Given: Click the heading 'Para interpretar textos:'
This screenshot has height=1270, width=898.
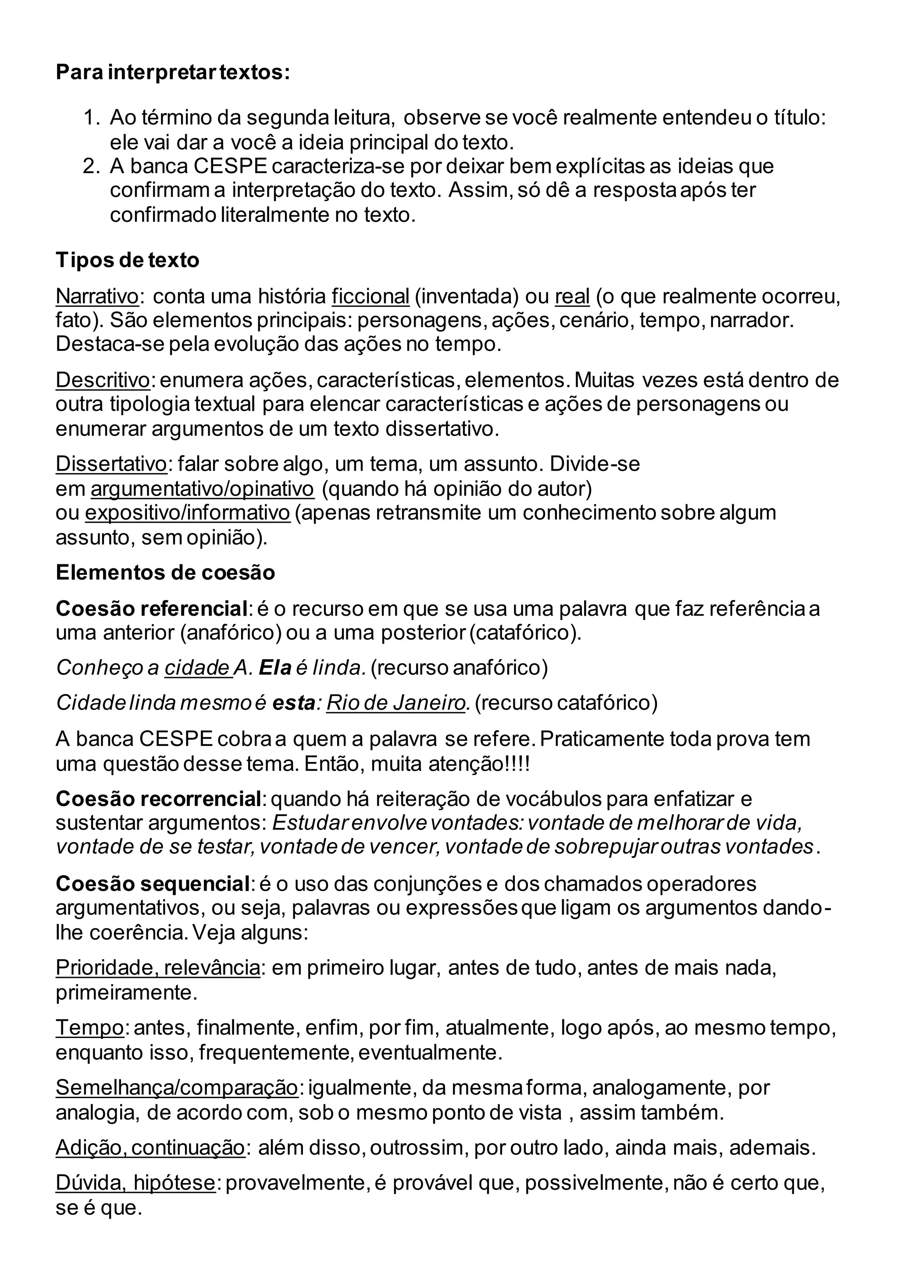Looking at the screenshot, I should (172, 72).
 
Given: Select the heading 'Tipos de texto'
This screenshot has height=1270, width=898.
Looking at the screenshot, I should (127, 260).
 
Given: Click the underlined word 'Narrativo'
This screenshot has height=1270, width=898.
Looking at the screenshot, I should (97, 296).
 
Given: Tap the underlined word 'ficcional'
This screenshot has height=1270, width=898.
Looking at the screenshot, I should (370, 296).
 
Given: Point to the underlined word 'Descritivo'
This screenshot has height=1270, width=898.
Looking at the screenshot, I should (102, 380).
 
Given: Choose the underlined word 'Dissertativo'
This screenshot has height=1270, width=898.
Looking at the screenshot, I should (110, 464).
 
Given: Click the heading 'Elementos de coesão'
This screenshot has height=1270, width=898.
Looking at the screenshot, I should (165, 572).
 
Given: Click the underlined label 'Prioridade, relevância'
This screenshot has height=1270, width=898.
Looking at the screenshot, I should (157, 967).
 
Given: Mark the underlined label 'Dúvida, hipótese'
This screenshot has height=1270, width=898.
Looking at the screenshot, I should (135, 1183).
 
